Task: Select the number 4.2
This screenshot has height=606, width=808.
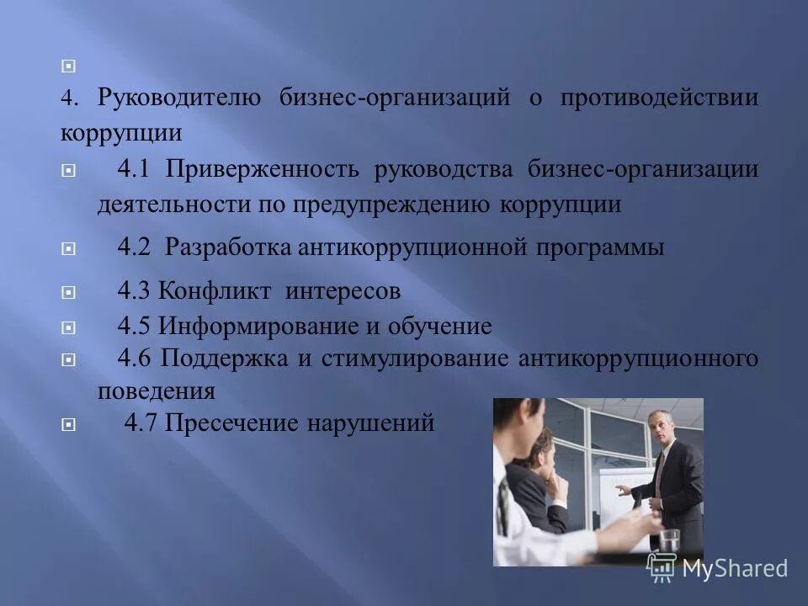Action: [133, 247]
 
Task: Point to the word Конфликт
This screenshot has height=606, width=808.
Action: [215, 292]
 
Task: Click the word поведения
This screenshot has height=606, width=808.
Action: [156, 391]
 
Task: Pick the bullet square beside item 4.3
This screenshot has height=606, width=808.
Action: [69, 293]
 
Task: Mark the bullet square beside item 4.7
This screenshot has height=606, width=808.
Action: [69, 424]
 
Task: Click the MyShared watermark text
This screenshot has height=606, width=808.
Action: [734, 568]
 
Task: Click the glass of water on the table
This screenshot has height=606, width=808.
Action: [668, 543]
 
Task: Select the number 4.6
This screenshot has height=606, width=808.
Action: [133, 359]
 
